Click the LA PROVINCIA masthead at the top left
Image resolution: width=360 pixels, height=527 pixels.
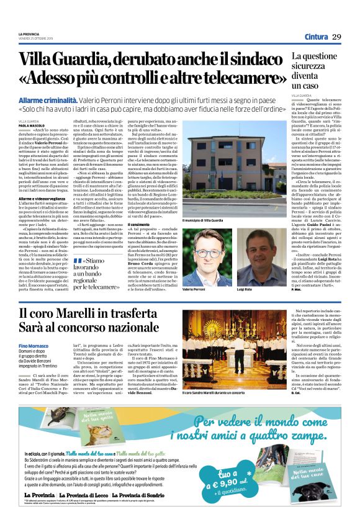click(29, 34)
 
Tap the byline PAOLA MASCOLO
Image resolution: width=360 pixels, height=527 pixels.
click(32, 125)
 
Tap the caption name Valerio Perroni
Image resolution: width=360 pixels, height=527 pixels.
click(195, 273)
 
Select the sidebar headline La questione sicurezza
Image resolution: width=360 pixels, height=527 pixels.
click(314, 70)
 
